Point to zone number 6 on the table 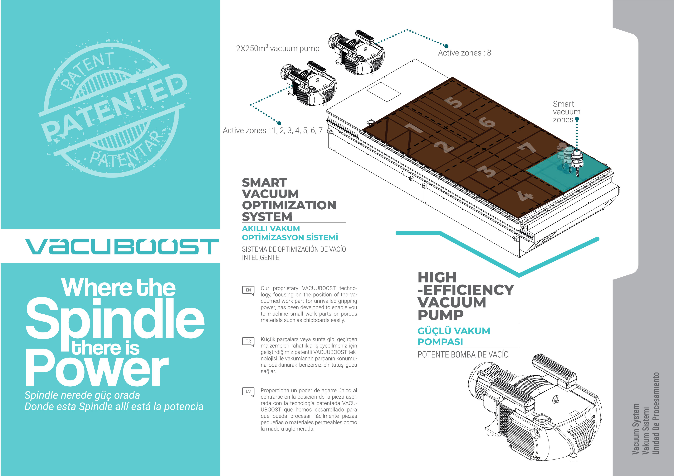[x=487, y=122]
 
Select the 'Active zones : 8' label [x=464, y=53]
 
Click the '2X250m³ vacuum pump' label [x=277, y=48]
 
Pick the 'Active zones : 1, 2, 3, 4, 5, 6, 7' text [x=272, y=131]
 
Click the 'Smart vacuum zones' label [x=566, y=112]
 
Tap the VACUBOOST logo [x=122, y=246]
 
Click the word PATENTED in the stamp [x=115, y=107]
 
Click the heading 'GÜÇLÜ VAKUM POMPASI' [x=454, y=336]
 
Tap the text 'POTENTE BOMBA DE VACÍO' [x=463, y=355]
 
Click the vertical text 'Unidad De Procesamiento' [x=656, y=414]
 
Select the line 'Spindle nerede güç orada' [x=82, y=395]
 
